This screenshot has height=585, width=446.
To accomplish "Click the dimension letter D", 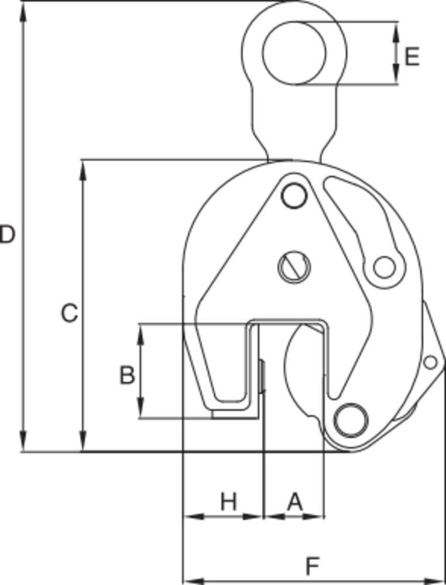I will point(6,235).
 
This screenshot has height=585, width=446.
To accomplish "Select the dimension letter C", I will point(69,314).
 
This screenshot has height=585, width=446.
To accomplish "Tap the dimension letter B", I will point(126,375).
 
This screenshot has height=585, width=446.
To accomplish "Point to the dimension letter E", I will point(412,57).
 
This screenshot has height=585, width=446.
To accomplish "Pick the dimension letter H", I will point(229,502).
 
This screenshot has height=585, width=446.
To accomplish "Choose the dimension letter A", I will point(295,502).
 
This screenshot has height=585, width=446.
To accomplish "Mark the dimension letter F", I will point(314,566).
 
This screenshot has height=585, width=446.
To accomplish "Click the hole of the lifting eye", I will point(294,53).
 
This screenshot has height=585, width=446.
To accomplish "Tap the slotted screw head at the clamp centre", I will point(294,267).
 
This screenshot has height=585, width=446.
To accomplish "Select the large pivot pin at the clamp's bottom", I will point(351,419).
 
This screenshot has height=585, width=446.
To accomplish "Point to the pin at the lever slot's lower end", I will point(384,267).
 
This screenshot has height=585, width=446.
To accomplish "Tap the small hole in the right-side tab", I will point(430,363).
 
